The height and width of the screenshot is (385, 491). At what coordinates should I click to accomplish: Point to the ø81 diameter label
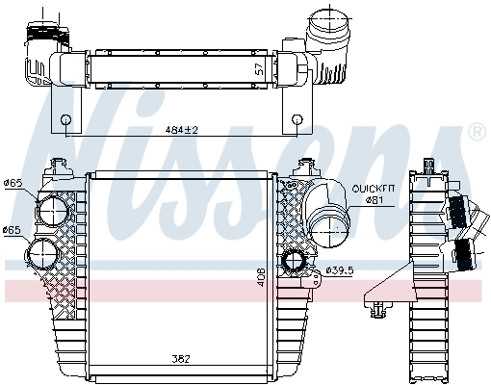point(373,199)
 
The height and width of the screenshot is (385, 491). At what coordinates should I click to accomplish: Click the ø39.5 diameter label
point(340,269)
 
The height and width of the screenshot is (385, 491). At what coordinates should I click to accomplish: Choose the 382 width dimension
point(181,359)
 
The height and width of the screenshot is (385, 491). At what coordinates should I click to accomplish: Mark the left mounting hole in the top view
point(65,120)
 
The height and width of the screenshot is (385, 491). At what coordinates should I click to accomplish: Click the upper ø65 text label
point(13,183)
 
